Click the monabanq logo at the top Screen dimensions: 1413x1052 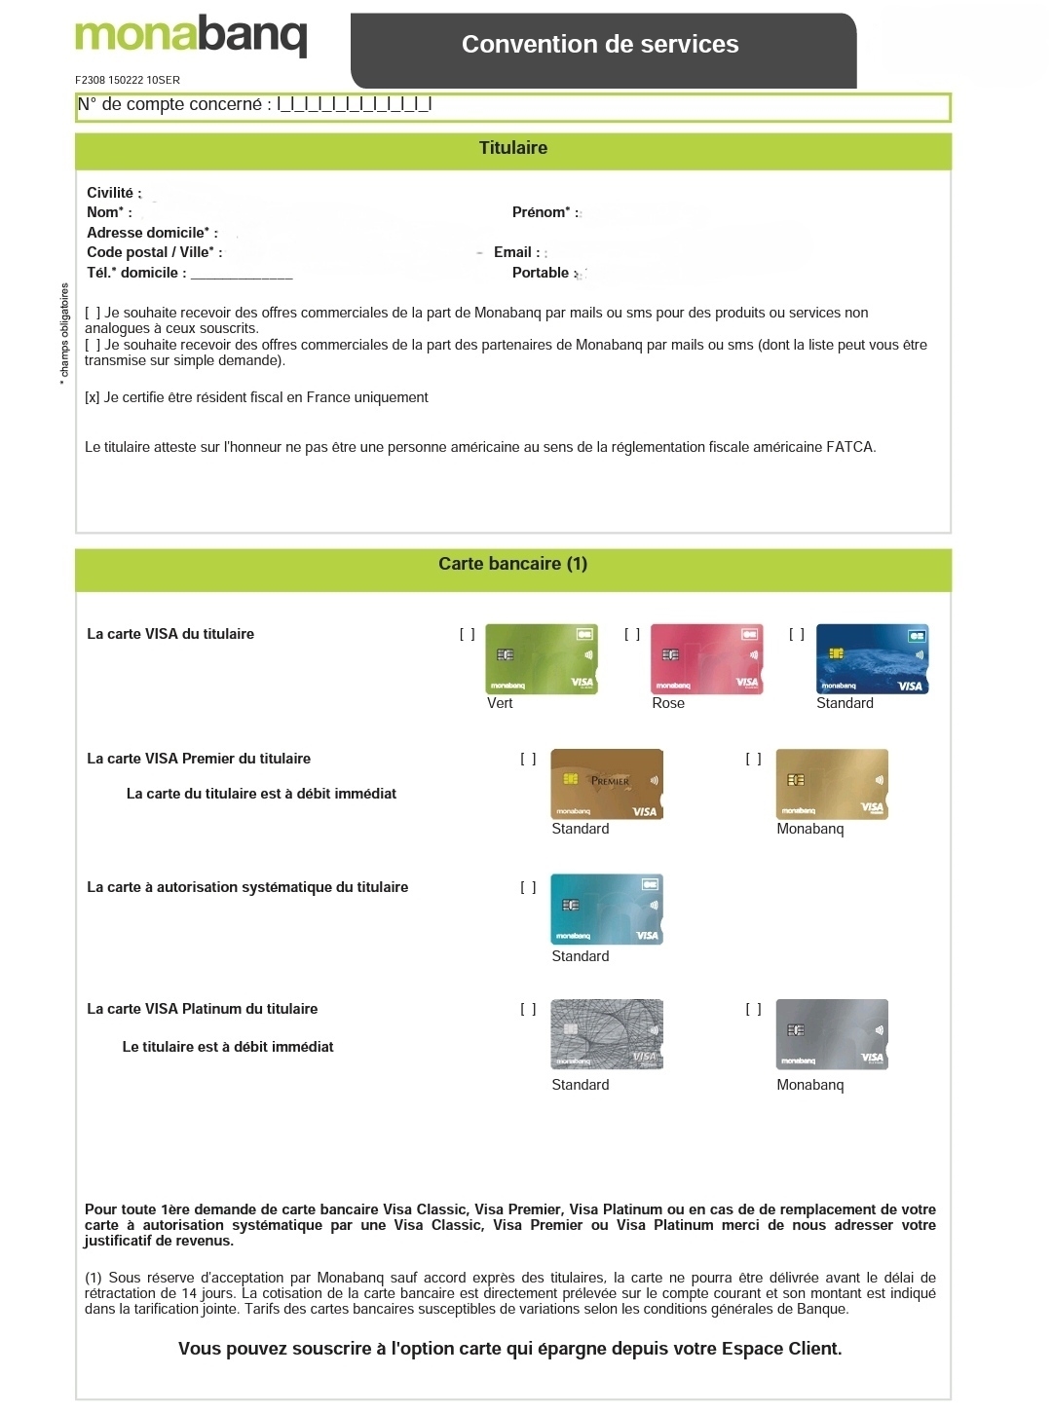pos(191,36)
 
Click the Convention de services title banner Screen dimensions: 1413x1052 pos(600,45)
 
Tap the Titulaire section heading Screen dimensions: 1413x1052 pos(512,148)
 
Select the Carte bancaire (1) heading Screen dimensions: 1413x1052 pos(512,564)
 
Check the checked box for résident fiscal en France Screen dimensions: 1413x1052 pos(93,397)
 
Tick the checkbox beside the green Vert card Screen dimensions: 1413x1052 pos(468,634)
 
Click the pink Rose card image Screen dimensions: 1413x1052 pos(706,659)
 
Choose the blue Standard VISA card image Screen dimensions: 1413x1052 pos(872,659)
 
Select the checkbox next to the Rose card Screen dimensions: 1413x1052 pos(632,634)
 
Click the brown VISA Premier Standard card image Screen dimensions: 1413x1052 pos(607,784)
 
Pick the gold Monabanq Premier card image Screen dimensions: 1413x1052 pos(832,784)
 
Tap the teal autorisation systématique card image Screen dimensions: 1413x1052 pos(607,910)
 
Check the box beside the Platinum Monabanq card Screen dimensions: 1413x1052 pos(753,1009)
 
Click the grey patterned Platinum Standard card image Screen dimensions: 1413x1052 pos(607,1034)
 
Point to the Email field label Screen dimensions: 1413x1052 pos(516,252)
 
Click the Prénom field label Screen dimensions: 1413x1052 pos(545,212)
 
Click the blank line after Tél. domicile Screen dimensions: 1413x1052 pos(242,275)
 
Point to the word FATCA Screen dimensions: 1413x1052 pos(850,447)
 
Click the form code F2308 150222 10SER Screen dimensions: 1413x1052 pos(128,80)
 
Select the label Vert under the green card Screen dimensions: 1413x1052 pos(500,703)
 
